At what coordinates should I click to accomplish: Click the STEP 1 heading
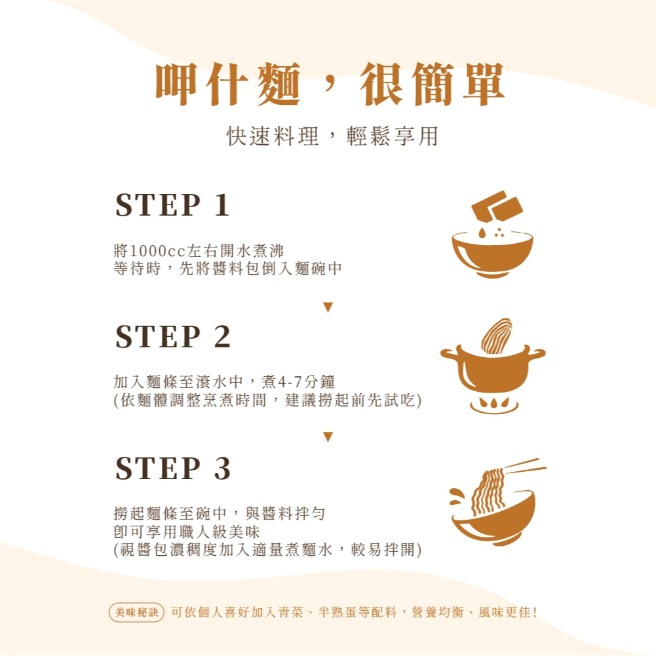coord(172,205)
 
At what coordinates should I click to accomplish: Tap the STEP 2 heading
coord(173,337)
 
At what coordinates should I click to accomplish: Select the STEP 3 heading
coord(173,468)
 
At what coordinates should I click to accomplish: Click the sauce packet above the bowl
coord(497,207)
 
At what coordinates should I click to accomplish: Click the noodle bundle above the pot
coord(497,336)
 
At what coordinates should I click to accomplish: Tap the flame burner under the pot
coord(494,404)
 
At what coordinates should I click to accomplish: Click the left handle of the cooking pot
coord(450,355)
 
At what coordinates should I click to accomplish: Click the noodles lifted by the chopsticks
coord(488,492)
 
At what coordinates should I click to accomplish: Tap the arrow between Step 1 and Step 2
coord(328,307)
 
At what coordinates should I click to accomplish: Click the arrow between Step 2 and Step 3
coord(328,436)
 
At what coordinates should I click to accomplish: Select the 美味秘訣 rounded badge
coord(136,613)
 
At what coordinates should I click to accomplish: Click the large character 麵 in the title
coord(279,84)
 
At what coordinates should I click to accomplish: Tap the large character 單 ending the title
coord(483,84)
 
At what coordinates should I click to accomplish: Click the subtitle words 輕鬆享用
coord(393,136)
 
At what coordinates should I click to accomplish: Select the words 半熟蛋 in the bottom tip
coord(338,613)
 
